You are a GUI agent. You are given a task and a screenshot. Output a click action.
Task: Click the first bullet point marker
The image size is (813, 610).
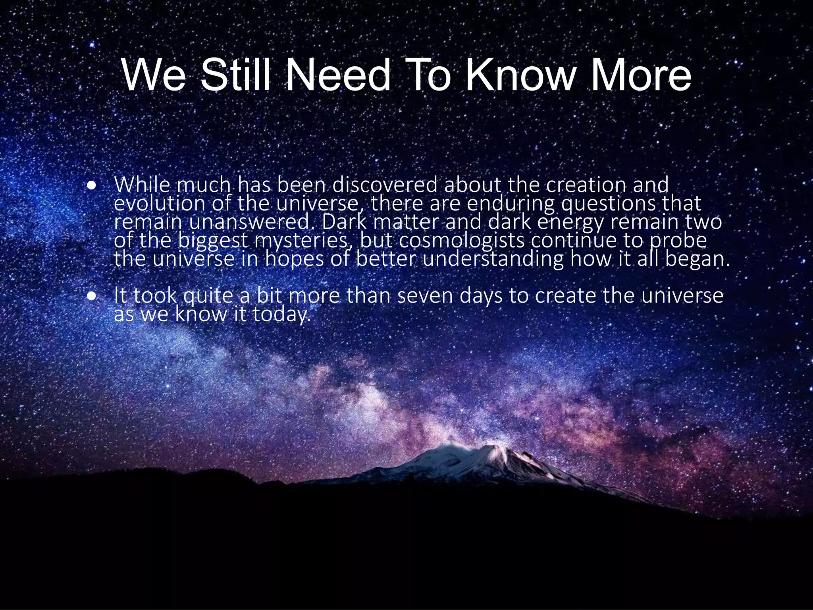click(x=92, y=185)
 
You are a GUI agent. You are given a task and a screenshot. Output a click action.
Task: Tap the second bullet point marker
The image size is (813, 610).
click(x=92, y=296)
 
